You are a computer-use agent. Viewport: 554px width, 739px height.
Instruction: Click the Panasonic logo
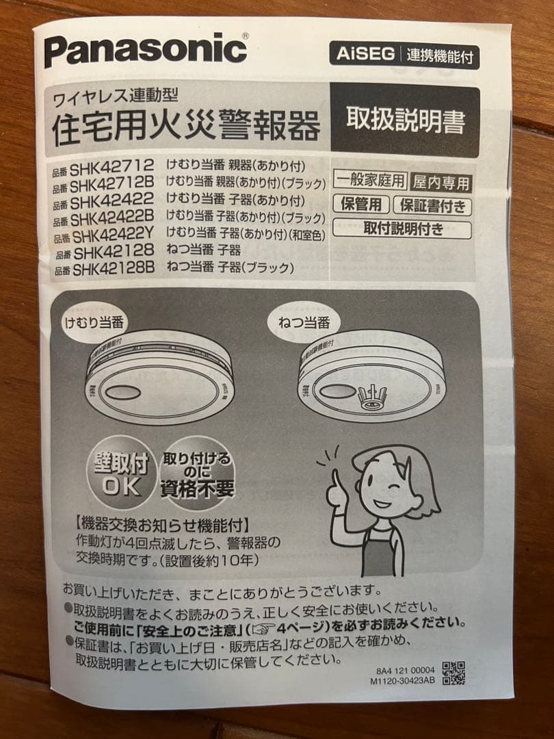point(146,50)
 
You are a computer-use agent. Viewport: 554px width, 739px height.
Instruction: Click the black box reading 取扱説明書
point(405,121)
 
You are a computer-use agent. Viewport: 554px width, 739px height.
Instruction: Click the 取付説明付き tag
point(402,228)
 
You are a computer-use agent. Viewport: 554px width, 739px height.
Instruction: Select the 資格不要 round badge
point(196,474)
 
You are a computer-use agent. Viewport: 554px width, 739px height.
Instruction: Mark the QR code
point(453,673)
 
